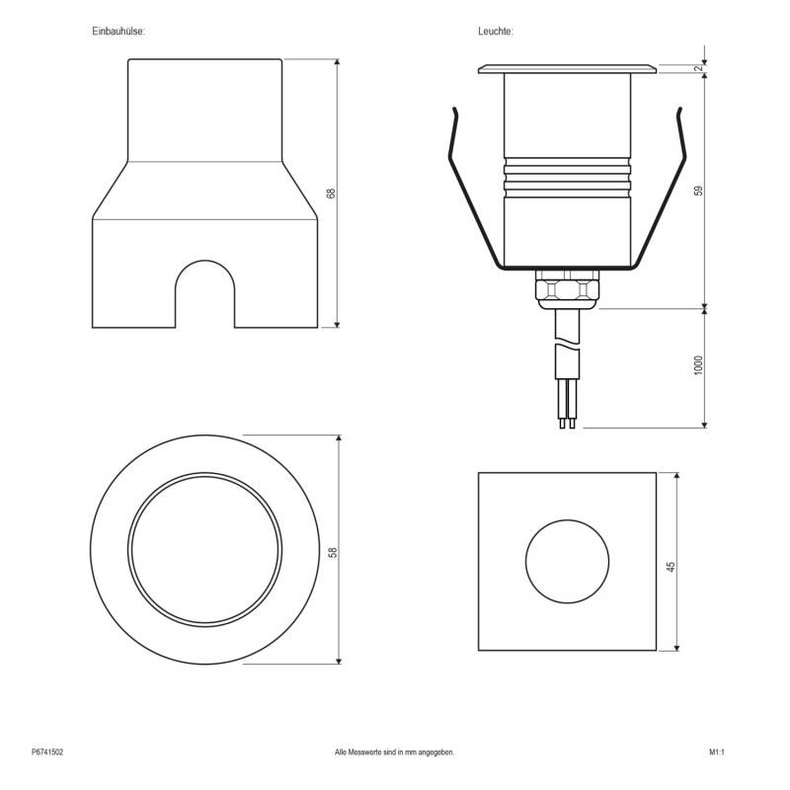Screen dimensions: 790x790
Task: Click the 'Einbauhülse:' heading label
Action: pos(118,33)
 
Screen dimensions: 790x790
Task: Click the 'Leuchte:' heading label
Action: pos(496,33)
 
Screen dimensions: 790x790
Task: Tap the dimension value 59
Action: pos(698,191)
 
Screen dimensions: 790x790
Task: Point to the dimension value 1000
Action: pos(698,366)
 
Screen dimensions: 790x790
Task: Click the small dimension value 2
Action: pos(698,68)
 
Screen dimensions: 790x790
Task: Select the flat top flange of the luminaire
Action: pos(567,69)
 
